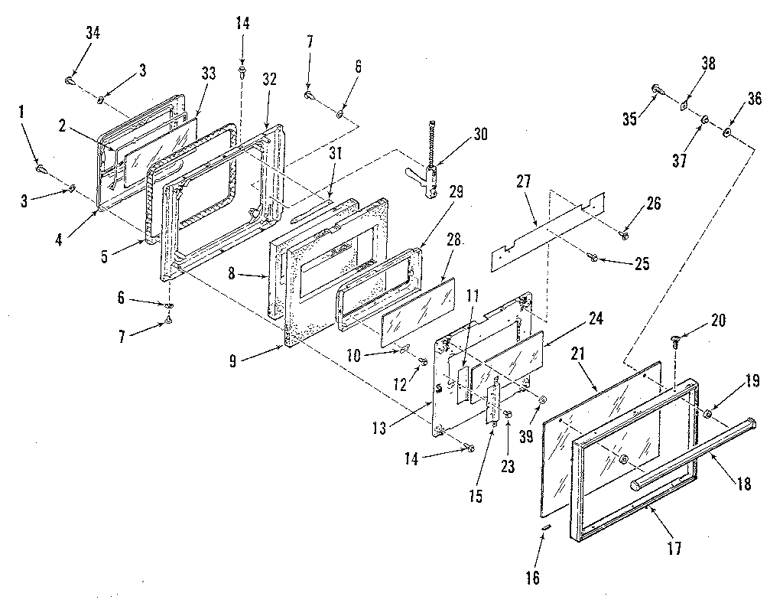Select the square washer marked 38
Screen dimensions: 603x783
click(685, 107)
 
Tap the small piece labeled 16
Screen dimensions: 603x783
click(544, 528)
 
